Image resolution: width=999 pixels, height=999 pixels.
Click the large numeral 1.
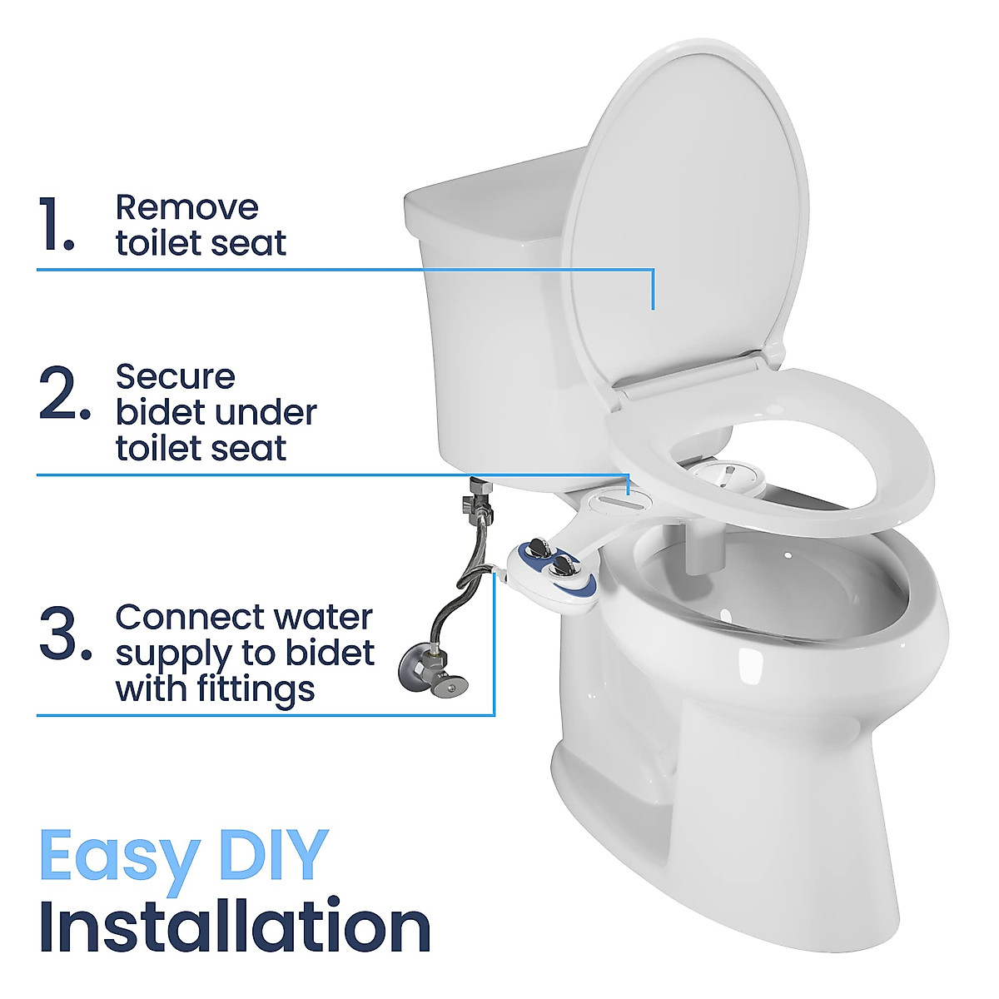[57, 225]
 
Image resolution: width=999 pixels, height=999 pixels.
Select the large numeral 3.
[65, 634]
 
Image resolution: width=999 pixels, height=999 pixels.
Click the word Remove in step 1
[186, 207]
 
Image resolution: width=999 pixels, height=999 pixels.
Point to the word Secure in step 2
[175, 376]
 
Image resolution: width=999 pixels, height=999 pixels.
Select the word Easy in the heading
[118, 856]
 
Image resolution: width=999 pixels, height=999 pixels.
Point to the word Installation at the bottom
[234, 927]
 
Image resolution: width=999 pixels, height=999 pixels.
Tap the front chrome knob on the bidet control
[561, 566]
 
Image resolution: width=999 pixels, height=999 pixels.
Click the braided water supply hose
[454, 583]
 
